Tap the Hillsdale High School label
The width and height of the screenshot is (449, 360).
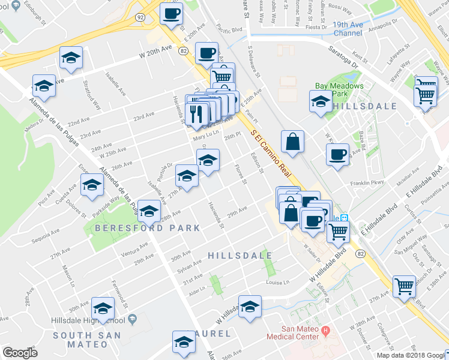pyautogui.click(x=97, y=320)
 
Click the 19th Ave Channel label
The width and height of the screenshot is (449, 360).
pyautogui.click(x=356, y=28)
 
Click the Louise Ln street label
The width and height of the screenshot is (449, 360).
pyautogui.click(x=278, y=281)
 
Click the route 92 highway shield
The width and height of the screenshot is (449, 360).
pyautogui.click(x=139, y=18)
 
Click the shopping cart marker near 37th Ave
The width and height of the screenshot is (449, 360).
pyautogui.click(x=404, y=286)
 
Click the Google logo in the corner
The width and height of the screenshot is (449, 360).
pyautogui.click(x=19, y=353)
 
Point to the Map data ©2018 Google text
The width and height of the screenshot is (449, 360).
pyautogui.click(x=411, y=355)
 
